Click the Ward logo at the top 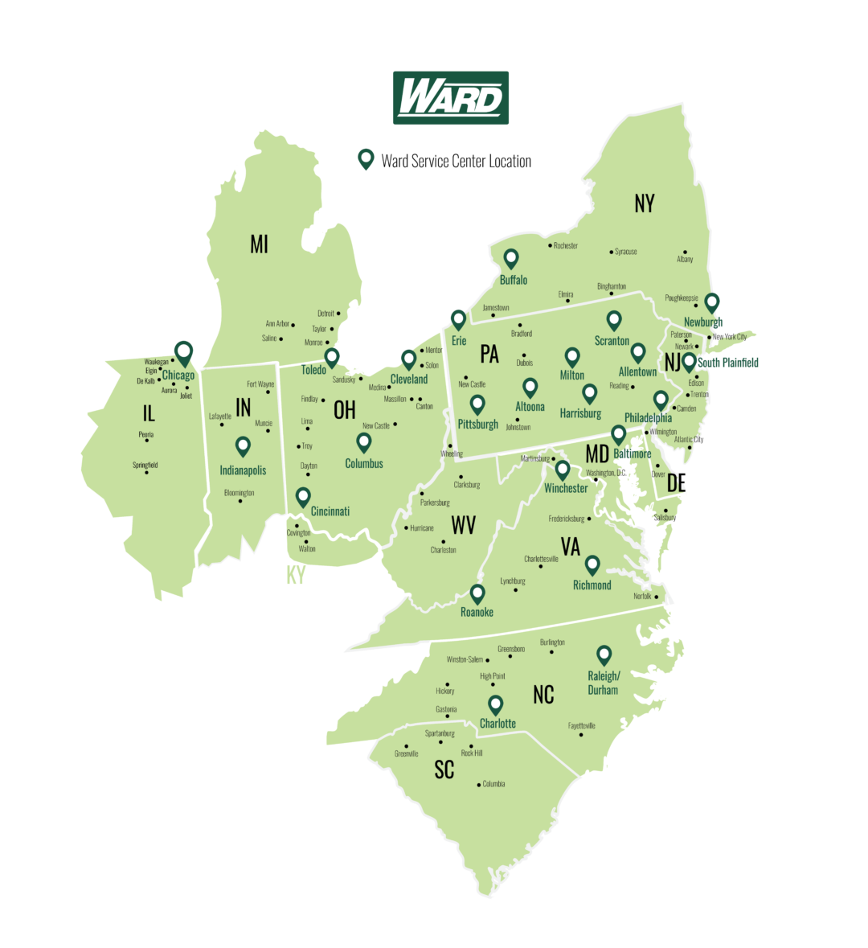[451, 97]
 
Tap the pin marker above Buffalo [510, 259]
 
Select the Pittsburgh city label [477, 424]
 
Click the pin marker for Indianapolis [243, 446]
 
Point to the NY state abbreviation [644, 204]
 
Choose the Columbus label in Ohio [364, 464]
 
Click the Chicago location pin [184, 352]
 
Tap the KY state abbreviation [296, 576]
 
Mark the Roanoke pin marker [477, 594]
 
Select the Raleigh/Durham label [604, 683]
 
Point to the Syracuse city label [625, 252]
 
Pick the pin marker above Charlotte [496, 704]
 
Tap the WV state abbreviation [463, 526]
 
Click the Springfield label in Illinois [145, 465]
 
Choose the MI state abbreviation [259, 244]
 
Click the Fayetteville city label [582, 725]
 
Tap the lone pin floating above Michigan [366, 158]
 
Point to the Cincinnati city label [330, 511]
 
